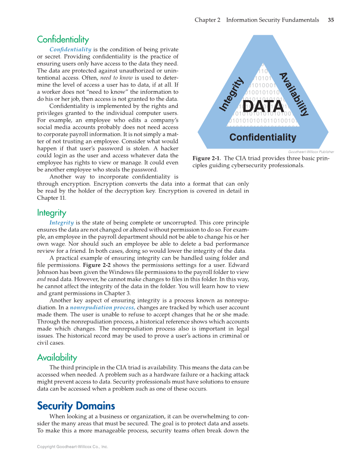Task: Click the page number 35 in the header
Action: (x=331, y=20)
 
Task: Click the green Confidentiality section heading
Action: (x=63, y=40)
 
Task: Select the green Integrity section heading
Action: (x=51, y=212)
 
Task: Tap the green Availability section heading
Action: (x=57, y=358)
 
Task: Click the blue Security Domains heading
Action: (x=76, y=406)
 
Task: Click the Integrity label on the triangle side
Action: (x=232, y=95)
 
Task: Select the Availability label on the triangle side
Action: (x=293, y=94)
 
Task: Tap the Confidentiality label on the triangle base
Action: (x=262, y=137)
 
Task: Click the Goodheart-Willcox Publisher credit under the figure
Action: (x=311, y=152)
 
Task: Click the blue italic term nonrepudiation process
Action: (x=103, y=307)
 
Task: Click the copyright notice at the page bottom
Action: (x=73, y=447)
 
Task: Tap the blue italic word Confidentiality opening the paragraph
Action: (x=70, y=50)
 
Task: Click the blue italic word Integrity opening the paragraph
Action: (x=61, y=223)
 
